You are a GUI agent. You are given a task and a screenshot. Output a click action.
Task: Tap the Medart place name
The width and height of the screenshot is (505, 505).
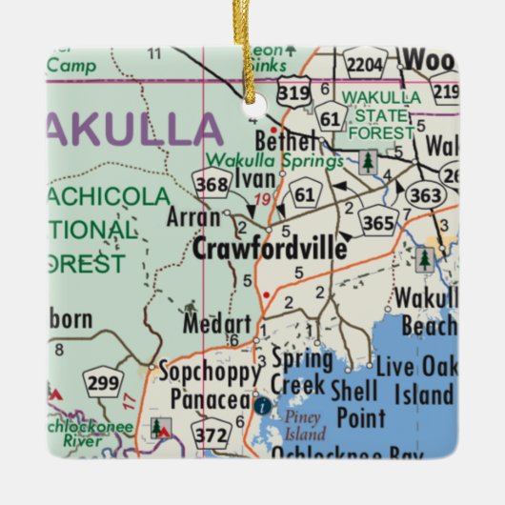[218, 324]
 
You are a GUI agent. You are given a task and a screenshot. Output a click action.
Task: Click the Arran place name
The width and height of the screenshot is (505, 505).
[193, 217]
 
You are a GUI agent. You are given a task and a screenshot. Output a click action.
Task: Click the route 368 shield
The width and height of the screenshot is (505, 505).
[210, 181]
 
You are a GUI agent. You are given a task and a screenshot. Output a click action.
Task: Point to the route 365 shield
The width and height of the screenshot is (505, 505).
[379, 218]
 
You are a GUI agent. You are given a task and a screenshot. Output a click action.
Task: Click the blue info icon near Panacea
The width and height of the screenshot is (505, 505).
[261, 405]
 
